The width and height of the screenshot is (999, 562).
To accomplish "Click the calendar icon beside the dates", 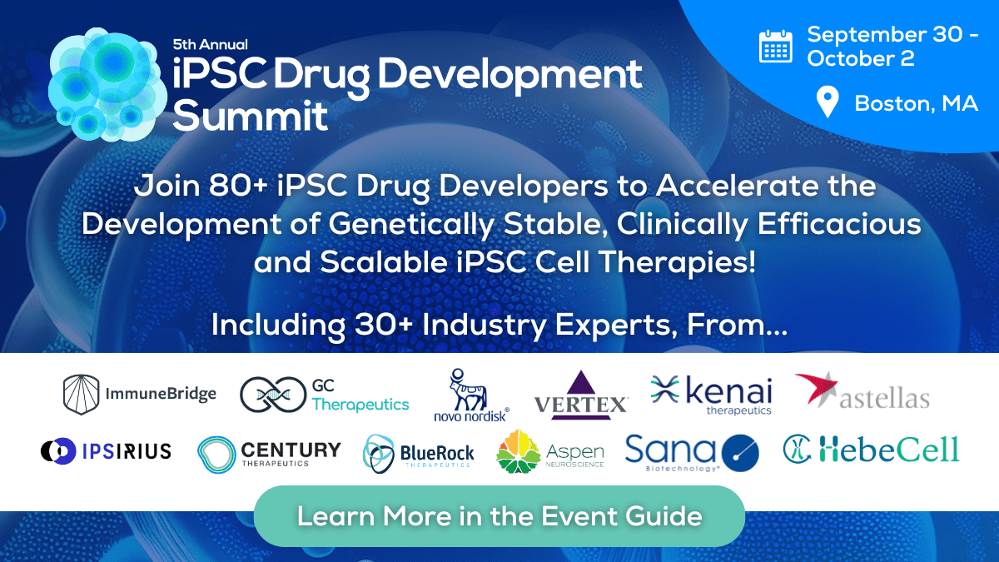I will pyautogui.click(x=775, y=46).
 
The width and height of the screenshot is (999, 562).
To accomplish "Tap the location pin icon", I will pyautogui.click(x=827, y=103).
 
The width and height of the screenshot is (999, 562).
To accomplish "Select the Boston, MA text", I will pyautogui.click(x=916, y=104).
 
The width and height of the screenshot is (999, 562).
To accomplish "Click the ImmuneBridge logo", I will pyautogui.click(x=140, y=395).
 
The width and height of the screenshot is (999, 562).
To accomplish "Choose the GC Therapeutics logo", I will pyautogui.click(x=325, y=395).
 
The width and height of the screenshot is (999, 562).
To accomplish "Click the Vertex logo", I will pyautogui.click(x=580, y=395).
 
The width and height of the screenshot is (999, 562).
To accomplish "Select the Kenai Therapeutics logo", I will pyautogui.click(x=712, y=395).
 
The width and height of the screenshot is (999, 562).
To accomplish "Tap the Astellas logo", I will pyautogui.click(x=862, y=394).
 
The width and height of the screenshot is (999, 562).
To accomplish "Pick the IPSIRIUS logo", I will pyautogui.click(x=106, y=451).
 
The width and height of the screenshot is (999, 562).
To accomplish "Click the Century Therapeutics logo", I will pyautogui.click(x=269, y=453).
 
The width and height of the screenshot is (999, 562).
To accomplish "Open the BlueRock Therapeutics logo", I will pyautogui.click(x=419, y=454).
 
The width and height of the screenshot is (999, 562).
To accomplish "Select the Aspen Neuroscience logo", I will pyautogui.click(x=549, y=452).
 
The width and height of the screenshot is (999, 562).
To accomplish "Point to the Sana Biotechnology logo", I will pyautogui.click(x=693, y=453).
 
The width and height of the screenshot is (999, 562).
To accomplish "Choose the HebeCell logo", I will pyautogui.click(x=871, y=450).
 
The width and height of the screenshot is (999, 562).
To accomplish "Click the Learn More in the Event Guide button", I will pyautogui.click(x=499, y=516).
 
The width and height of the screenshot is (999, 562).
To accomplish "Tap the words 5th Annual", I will pyautogui.click(x=210, y=44).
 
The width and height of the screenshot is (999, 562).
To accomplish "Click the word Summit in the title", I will pyautogui.click(x=251, y=116).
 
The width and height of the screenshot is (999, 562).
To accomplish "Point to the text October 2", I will pyautogui.click(x=861, y=58).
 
